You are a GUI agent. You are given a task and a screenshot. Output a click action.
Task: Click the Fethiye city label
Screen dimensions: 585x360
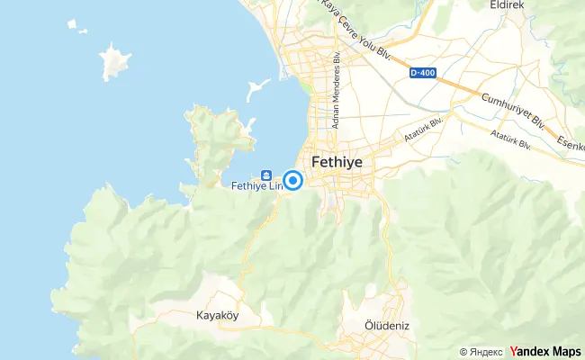coord(341,163)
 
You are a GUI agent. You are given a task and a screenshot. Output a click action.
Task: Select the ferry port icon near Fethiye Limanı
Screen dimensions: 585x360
coord(266,175)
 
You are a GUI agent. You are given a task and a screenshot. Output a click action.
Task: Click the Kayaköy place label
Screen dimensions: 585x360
coord(216,316)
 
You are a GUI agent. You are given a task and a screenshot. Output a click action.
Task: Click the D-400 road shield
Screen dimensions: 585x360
coord(422,73)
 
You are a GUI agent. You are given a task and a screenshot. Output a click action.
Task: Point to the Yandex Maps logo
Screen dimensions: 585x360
coord(545,351)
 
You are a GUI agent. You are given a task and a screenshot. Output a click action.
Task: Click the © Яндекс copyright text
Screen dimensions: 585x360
coord(481,352)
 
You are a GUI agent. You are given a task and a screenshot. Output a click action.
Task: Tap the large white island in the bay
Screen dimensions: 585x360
coord(114,63)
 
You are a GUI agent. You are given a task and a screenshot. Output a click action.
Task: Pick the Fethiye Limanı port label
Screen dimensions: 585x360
coord(256,186)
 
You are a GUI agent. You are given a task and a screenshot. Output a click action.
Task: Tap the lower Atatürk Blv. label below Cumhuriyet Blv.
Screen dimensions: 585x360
coord(510,140)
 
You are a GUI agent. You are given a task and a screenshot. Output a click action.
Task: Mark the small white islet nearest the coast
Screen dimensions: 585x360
coord(257,89)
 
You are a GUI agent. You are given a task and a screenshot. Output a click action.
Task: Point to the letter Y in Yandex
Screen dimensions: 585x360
coord(513,351)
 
